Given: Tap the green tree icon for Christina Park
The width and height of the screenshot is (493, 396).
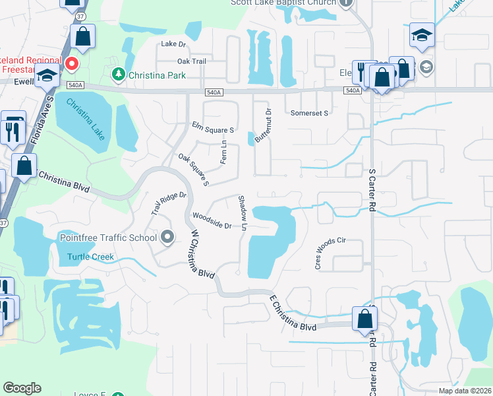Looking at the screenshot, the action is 119,74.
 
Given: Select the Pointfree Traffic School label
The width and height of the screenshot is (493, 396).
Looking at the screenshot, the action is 108,238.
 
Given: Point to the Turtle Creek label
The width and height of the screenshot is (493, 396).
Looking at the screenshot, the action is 90,257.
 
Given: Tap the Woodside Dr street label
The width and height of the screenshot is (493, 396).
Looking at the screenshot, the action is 212,221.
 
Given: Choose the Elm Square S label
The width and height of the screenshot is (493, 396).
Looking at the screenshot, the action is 214,126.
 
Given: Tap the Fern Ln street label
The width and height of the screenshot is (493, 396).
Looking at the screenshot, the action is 223,153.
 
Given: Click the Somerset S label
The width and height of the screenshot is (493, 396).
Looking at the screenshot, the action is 310,113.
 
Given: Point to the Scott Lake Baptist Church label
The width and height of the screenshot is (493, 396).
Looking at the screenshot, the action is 283,3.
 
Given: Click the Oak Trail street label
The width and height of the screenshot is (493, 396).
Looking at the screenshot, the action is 192,61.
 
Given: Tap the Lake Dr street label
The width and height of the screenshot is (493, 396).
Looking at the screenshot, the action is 174,44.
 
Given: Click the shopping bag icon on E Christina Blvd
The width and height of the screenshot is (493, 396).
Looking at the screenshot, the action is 364,319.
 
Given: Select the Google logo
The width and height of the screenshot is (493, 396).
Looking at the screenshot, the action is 22,388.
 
